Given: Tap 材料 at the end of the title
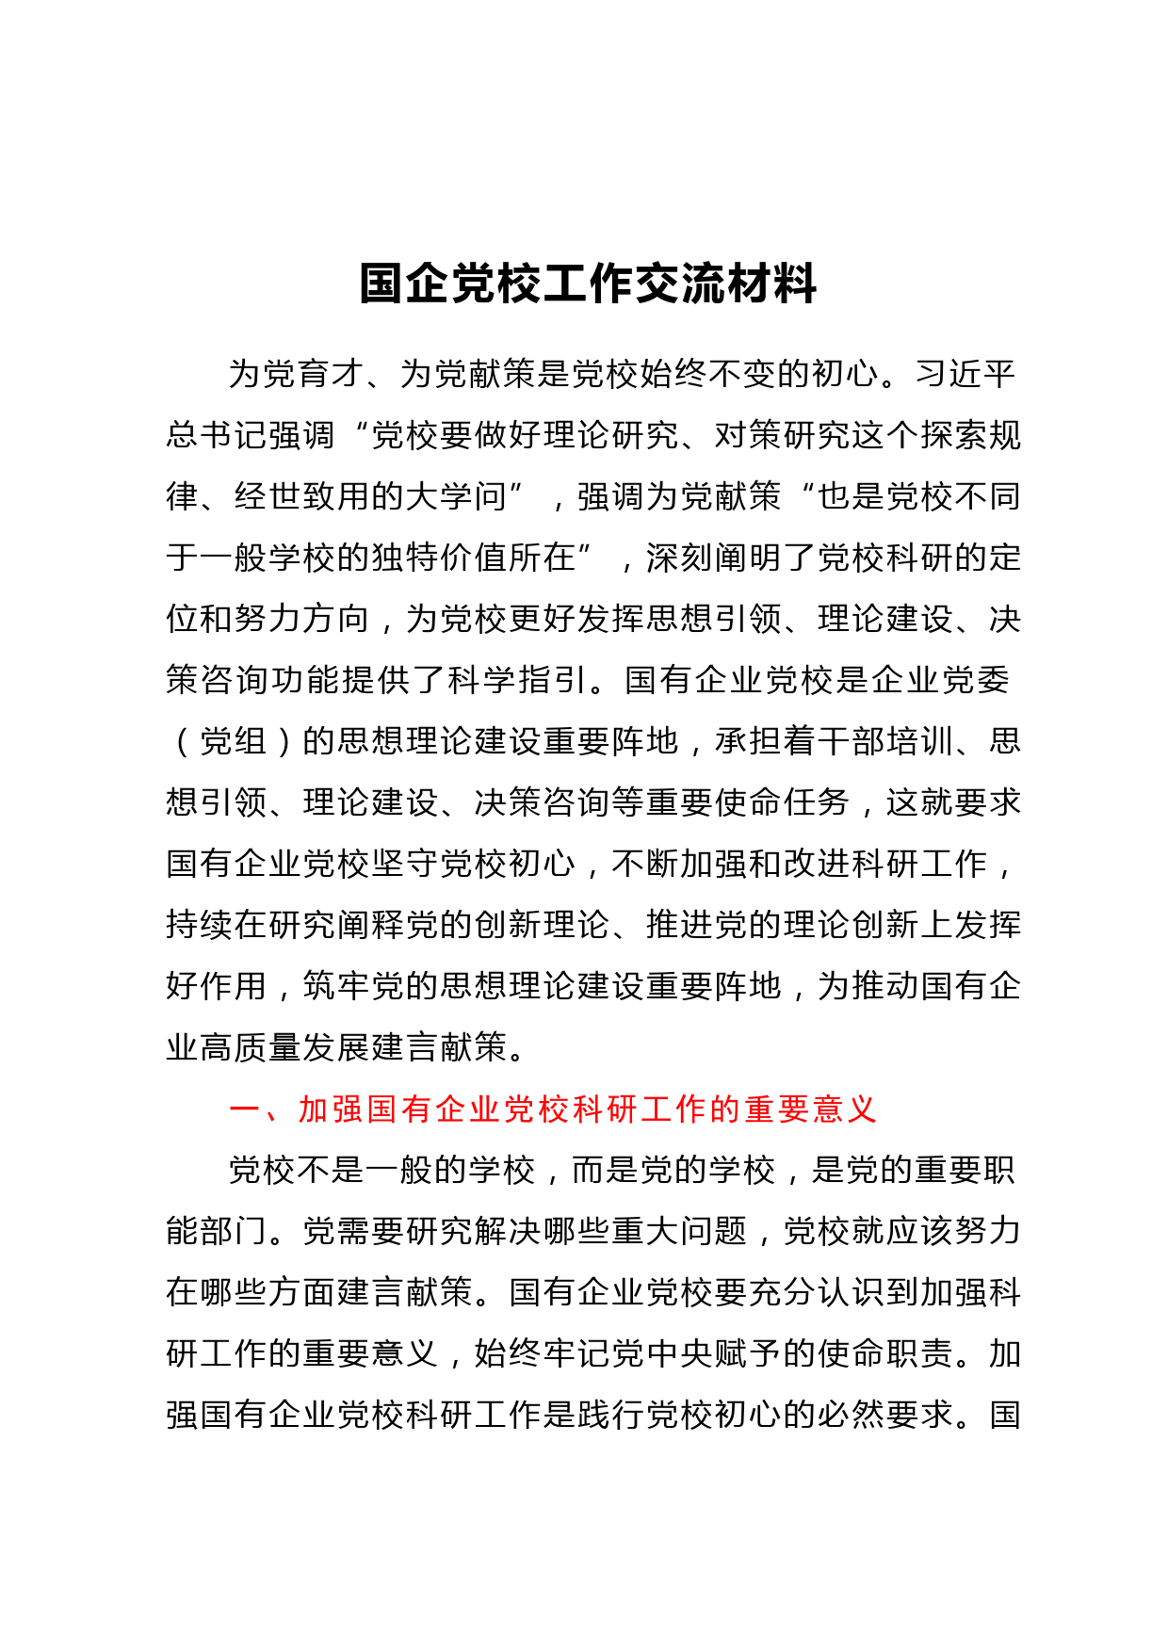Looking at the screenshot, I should tap(771, 283).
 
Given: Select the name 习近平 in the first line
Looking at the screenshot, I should tap(965, 374).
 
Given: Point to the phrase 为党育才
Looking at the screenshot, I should tap(297, 374).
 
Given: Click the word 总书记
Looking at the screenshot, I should tap(217, 435).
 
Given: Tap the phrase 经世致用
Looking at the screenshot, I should tap(303, 496).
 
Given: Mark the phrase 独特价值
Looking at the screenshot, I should tap(440, 558).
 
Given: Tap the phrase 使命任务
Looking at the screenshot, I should tap(783, 802).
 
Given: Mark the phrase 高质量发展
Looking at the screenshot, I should tap(286, 1047).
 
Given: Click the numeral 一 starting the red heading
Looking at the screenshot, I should tap(246, 1109).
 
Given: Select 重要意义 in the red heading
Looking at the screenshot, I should tap(810, 1109).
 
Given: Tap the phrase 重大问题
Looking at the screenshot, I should tap(680, 1231).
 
